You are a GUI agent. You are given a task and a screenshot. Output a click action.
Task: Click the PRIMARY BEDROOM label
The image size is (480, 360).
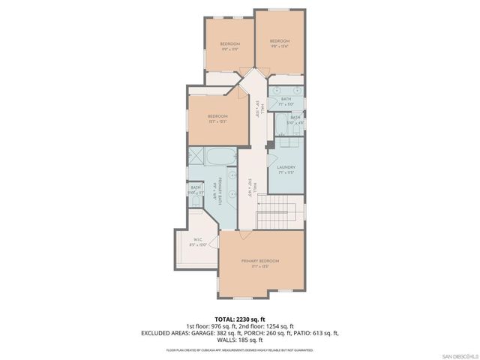[260, 261]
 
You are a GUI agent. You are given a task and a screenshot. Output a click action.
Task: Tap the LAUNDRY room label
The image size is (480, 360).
[286, 167]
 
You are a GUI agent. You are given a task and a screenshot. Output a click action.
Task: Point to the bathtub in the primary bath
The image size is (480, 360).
[220, 158]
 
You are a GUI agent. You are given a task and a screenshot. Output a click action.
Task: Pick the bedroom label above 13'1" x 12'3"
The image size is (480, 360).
[217, 117]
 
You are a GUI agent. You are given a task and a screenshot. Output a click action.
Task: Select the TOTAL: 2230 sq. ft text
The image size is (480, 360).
[239, 319]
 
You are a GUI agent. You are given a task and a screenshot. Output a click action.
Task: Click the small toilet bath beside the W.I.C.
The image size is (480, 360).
[196, 190]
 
